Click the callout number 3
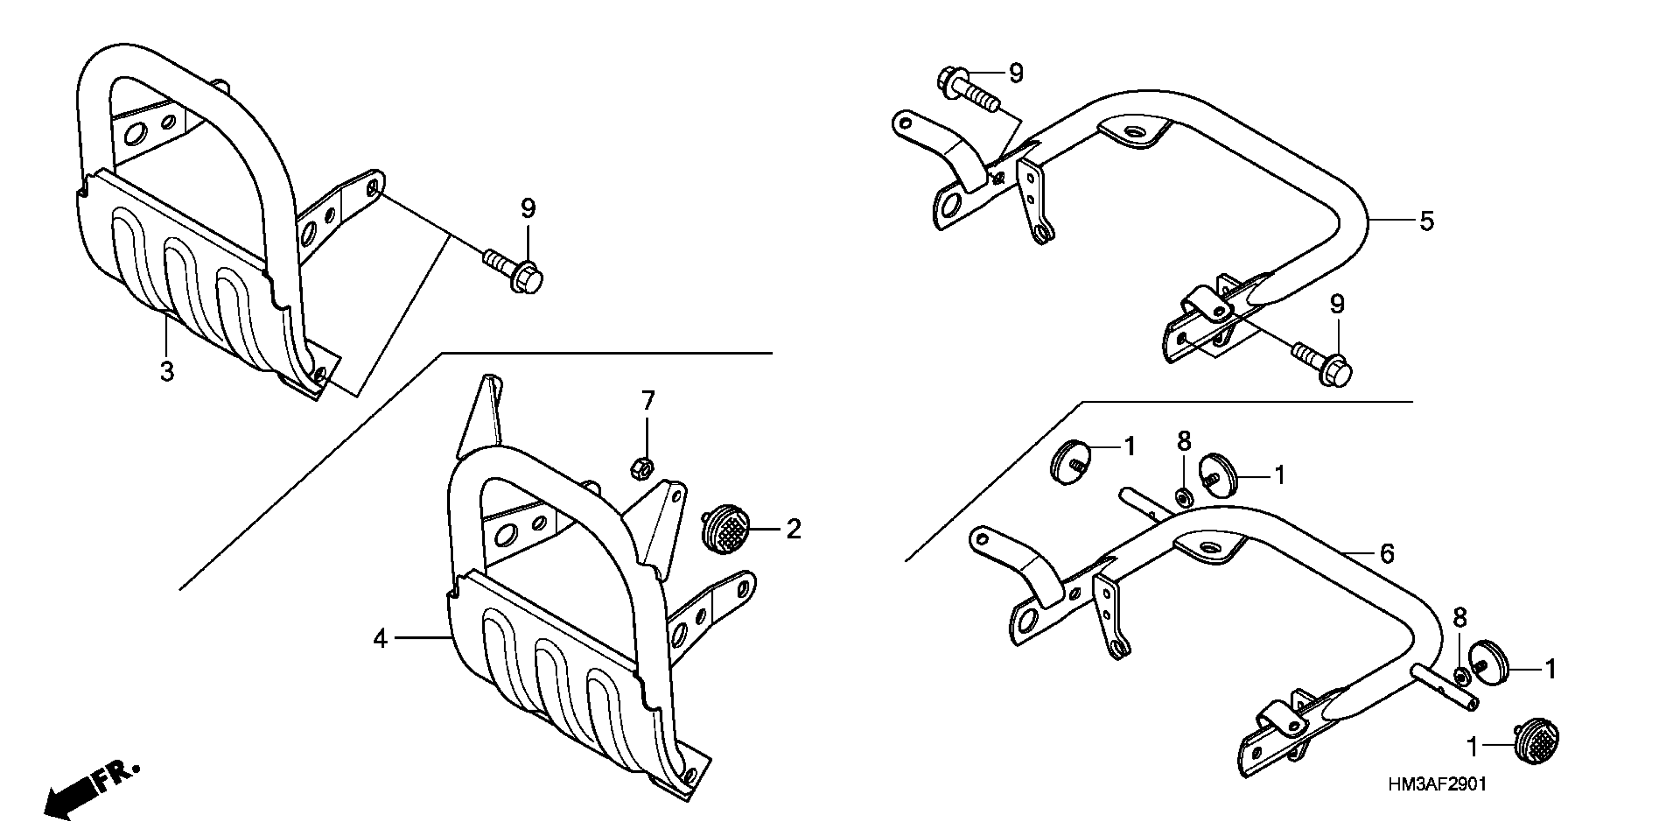[167, 372]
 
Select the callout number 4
[380, 638]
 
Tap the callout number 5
[1426, 221]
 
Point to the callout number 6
[1387, 553]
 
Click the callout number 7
[647, 401]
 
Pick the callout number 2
[793, 529]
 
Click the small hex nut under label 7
[642, 467]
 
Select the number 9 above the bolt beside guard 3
[528, 209]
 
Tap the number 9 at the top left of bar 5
[1016, 74]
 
